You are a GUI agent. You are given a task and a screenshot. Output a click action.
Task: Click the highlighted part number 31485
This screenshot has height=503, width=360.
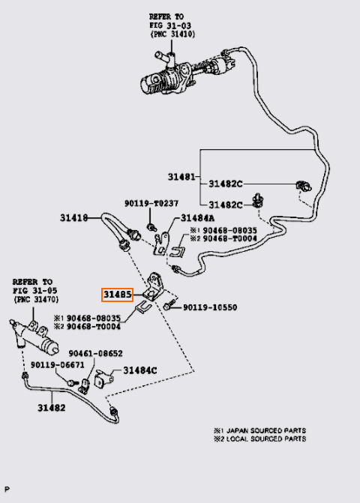[x=117, y=295]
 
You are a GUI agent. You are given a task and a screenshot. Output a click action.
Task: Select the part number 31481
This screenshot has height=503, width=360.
[x=181, y=177]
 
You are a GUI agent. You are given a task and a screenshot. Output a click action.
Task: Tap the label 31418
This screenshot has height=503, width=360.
[x=73, y=218]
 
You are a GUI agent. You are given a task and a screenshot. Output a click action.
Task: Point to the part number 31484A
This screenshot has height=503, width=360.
[x=198, y=218]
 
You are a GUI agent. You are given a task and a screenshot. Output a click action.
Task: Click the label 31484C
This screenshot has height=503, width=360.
[x=140, y=370]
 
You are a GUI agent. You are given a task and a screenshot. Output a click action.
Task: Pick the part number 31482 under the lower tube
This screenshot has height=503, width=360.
[x=52, y=408]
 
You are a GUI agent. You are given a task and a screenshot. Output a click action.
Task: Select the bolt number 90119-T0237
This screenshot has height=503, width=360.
[x=151, y=203]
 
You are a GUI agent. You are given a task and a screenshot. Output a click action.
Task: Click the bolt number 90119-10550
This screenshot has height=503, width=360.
[x=210, y=307]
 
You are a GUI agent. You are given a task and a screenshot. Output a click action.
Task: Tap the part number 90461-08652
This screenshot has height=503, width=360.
[x=95, y=354]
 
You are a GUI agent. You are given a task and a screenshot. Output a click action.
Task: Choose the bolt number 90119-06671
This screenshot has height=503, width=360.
[x=58, y=365]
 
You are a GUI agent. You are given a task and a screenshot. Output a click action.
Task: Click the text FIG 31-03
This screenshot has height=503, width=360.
[x=170, y=25]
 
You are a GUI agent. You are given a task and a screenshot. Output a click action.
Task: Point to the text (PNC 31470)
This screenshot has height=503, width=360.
[x=36, y=300]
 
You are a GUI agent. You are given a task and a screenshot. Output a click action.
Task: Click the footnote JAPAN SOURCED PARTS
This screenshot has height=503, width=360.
[x=264, y=430]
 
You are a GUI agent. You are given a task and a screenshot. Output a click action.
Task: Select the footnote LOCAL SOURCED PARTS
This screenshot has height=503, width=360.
[x=263, y=439]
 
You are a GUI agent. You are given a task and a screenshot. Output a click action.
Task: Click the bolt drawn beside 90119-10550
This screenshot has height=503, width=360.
[x=169, y=304]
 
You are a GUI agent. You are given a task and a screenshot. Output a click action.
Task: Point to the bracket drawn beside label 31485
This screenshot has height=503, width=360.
[x=155, y=287]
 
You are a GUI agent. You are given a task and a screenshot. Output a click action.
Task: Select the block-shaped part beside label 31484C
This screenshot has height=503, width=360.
[x=103, y=379]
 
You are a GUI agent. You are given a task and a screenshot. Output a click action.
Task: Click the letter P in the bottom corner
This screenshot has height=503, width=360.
[x=7, y=489]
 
